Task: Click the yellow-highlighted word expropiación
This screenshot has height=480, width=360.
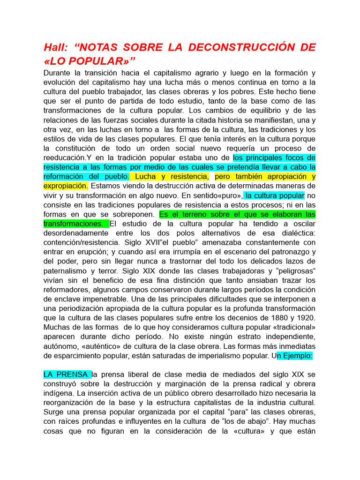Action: click(65, 186)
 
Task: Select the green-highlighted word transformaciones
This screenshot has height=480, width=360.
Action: click(73, 224)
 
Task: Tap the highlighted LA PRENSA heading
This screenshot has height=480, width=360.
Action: click(67, 375)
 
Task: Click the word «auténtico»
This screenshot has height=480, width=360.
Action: click(106, 346)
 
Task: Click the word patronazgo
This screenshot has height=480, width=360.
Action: click(291, 252)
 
